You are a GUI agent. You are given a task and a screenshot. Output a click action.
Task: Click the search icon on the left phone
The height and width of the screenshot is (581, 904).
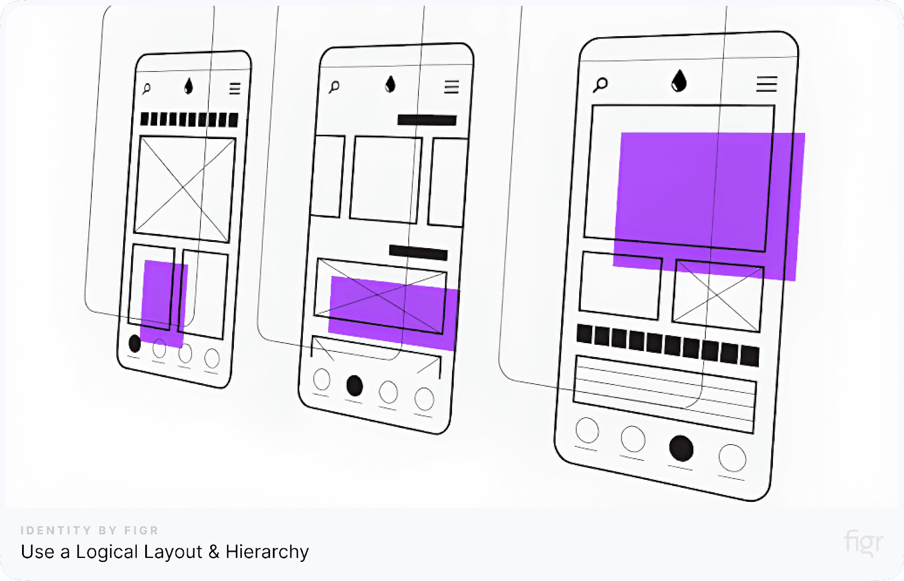(147, 88)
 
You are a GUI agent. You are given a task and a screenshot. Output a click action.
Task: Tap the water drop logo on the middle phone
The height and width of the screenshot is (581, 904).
(390, 85)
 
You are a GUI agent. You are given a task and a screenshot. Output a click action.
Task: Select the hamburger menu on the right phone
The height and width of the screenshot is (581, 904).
(767, 84)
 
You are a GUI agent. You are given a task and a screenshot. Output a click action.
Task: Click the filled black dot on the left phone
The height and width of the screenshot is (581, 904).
(134, 343)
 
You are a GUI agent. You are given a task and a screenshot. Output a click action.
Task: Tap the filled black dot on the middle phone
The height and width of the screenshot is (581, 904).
(354, 386)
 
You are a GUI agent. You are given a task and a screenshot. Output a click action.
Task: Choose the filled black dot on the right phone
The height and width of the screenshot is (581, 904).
(681, 448)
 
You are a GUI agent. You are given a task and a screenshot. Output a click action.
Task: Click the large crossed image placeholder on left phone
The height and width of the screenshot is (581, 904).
(184, 189)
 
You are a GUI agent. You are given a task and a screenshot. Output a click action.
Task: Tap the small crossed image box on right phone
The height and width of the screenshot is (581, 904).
(717, 295)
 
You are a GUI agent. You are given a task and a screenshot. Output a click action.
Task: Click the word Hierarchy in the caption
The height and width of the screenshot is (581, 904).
(267, 552)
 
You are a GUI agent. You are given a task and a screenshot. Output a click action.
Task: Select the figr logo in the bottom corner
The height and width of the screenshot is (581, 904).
(863, 543)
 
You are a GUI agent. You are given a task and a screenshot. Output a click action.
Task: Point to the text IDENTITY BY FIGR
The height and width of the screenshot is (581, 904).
(89, 530)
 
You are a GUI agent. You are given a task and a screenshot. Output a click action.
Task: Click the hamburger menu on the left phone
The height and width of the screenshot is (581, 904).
(235, 88)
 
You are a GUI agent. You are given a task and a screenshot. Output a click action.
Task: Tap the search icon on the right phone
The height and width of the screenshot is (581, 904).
(601, 85)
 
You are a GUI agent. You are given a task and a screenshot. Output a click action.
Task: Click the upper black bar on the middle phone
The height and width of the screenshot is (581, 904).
(427, 120)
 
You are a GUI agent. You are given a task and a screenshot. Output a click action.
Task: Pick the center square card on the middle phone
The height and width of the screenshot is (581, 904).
(386, 179)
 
